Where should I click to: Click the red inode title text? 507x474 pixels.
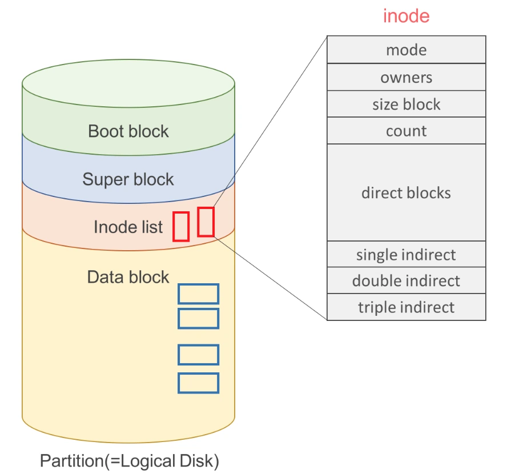(x=406, y=15)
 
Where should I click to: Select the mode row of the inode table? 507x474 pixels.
(x=406, y=50)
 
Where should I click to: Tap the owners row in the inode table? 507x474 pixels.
(x=406, y=77)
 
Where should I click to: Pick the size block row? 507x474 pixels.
(x=406, y=105)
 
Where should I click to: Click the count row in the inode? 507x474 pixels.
(x=406, y=131)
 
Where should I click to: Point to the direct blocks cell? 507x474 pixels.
(x=406, y=192)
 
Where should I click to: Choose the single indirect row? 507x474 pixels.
(x=406, y=254)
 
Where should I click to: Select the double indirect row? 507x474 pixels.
(x=406, y=280)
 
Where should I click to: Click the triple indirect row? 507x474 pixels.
(x=406, y=307)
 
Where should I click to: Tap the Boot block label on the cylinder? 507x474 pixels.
(x=128, y=131)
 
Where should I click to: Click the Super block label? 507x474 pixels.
(x=128, y=179)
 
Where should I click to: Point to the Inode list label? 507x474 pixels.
(x=128, y=227)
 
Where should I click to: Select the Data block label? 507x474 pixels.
(x=128, y=277)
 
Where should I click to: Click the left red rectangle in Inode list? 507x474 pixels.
(x=181, y=226)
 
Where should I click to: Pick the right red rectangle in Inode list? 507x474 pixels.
(x=206, y=222)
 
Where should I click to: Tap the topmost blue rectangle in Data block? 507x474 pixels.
(x=198, y=294)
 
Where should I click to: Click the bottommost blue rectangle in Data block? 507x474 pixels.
(x=198, y=383)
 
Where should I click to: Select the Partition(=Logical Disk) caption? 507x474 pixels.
(x=130, y=460)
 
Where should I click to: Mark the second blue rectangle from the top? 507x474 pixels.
(x=198, y=318)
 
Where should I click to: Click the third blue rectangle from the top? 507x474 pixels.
(x=198, y=355)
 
